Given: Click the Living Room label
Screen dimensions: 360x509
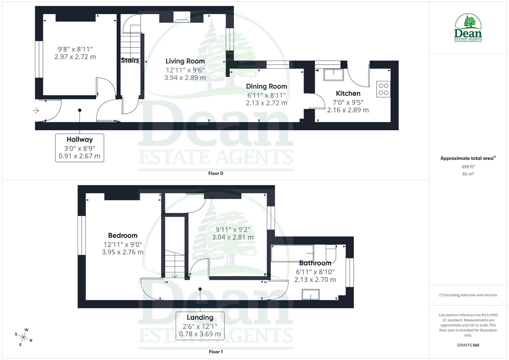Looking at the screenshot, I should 185,61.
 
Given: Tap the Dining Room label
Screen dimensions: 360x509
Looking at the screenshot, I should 266,86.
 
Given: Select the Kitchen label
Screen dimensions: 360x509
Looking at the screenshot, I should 348,94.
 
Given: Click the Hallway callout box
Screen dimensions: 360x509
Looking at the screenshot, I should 80,148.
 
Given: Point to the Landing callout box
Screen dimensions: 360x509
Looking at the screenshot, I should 200,326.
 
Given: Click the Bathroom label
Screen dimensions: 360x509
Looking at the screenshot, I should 315,263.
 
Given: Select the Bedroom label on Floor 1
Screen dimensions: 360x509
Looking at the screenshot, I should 123,236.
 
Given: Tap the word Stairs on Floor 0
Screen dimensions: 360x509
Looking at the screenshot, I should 130,60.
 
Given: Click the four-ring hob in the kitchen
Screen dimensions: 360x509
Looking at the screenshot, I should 383,89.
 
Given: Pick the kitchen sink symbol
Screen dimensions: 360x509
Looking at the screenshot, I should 333,75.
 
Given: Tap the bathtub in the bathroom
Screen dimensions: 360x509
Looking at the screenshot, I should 292,254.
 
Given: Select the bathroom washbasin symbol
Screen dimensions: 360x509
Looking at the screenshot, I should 311,294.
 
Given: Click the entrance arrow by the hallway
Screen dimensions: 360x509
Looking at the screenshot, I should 36,110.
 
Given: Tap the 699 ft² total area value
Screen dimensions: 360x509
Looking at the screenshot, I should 468,167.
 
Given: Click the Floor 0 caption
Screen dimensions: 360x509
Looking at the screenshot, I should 216,173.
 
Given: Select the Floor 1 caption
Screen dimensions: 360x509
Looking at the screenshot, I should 216,352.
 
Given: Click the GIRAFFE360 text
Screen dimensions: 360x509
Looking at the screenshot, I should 468,345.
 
